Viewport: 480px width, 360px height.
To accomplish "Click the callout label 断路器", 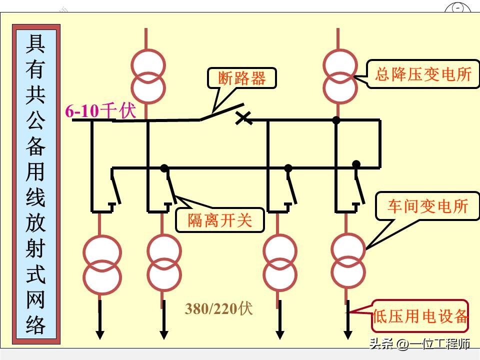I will [241, 78].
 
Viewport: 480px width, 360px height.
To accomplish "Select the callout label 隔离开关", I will [219, 220].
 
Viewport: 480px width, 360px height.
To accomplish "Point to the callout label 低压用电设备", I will [420, 316].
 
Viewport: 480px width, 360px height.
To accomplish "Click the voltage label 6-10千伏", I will [100, 111].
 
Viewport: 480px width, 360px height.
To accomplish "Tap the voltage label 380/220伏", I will [219, 309].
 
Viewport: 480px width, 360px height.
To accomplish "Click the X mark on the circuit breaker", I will [243, 118].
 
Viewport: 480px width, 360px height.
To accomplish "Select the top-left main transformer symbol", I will [147, 74].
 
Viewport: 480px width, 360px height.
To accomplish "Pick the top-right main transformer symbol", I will [340, 74].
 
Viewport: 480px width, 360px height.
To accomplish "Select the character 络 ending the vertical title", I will [35, 325].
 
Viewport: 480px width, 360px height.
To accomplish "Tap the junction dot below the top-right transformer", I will [336, 120].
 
